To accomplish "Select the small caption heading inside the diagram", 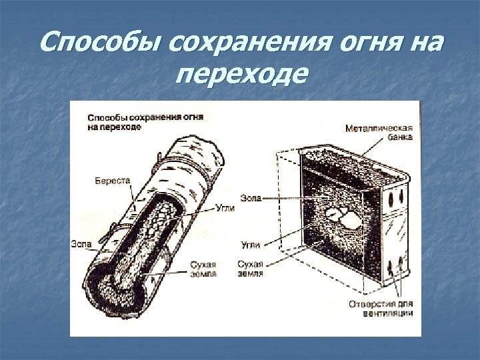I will coord(145,121).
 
